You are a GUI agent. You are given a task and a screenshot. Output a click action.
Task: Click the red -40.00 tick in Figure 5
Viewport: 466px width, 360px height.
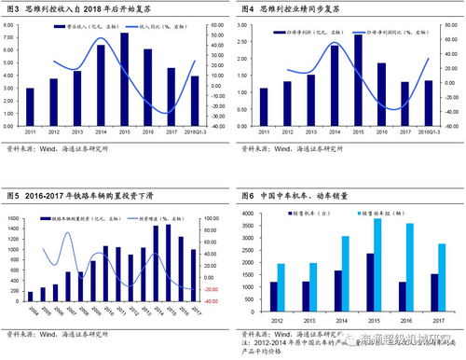212,300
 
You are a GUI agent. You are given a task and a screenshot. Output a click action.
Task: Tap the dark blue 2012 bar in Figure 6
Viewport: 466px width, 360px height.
274,298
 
